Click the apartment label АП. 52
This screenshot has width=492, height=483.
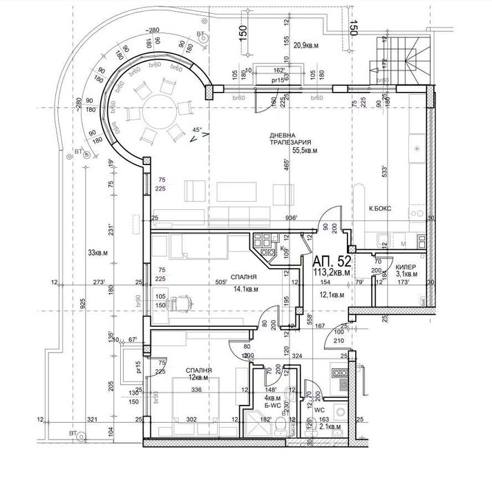tap(333, 261)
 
